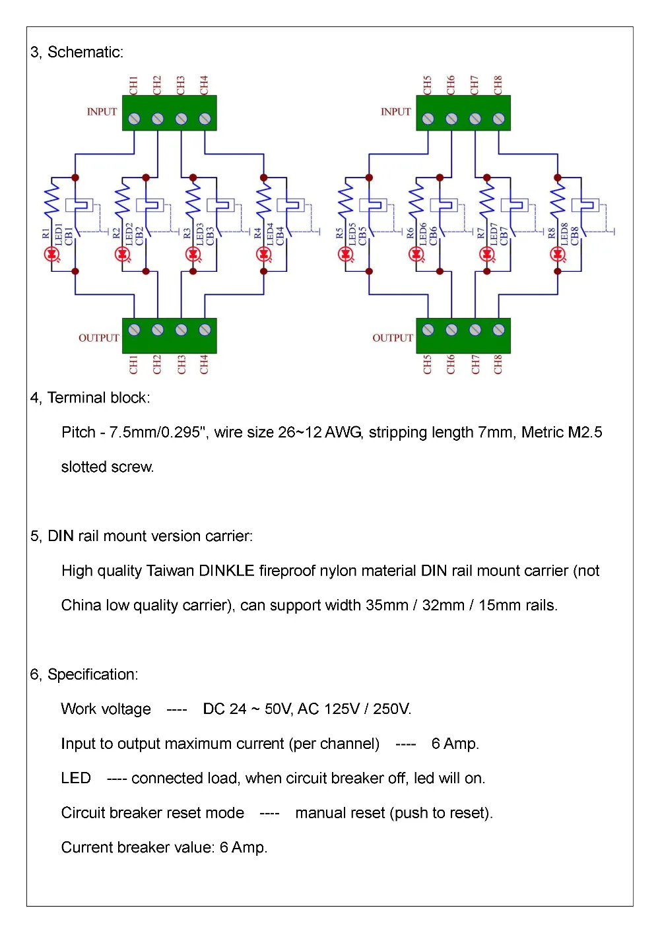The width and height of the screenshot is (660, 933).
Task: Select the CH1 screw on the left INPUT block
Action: coord(134,119)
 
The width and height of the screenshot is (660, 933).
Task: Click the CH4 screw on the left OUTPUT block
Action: coord(205,329)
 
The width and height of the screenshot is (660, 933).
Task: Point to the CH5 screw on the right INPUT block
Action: coord(428,119)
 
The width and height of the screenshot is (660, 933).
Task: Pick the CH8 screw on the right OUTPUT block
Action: coord(498,329)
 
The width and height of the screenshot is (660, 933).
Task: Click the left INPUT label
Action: coord(102,112)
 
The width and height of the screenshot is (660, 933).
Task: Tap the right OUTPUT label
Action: coord(392,338)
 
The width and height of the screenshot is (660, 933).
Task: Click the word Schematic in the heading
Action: coord(85,52)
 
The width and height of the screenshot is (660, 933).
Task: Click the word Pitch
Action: coord(79,432)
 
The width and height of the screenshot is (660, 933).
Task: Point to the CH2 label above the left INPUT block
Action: coord(157,84)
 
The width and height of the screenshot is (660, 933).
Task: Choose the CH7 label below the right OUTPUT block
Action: coord(475,364)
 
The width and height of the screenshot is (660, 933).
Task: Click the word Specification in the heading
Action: coord(92,674)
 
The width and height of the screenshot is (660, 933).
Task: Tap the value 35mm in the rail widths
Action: coord(387,605)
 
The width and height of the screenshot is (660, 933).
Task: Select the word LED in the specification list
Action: coord(76,778)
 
